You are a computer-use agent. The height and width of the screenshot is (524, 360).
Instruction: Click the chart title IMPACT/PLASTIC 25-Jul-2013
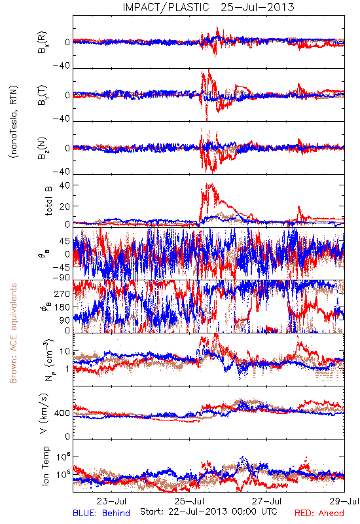(208, 7)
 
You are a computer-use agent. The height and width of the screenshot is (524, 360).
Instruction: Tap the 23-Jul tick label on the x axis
(111, 501)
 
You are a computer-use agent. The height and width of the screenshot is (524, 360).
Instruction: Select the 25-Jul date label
(190, 501)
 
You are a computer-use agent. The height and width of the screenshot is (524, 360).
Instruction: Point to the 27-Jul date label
(267, 501)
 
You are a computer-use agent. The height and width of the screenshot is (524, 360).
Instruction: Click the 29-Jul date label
(345, 501)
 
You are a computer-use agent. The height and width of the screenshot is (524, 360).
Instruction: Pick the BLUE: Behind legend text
(101, 513)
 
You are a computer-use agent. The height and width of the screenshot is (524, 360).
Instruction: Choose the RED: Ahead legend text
(319, 513)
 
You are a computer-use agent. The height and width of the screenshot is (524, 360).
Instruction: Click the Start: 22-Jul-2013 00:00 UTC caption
(209, 512)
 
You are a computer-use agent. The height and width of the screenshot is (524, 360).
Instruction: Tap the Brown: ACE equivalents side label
(13, 333)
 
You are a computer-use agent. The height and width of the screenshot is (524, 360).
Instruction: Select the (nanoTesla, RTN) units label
(14, 122)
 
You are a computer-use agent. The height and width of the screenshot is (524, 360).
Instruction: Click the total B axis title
(48, 201)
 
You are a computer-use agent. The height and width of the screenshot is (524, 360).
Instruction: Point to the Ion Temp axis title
(45, 466)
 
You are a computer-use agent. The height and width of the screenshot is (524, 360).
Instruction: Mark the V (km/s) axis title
(44, 413)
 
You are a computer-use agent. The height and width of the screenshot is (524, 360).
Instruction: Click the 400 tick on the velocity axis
(62, 413)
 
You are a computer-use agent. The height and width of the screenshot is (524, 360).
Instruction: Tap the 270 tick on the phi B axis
(62, 293)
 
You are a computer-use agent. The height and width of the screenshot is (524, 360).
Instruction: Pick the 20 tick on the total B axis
(65, 206)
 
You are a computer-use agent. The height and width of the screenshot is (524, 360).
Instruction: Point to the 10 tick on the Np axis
(65, 352)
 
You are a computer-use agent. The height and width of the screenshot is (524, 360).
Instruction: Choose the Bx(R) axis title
(43, 43)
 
